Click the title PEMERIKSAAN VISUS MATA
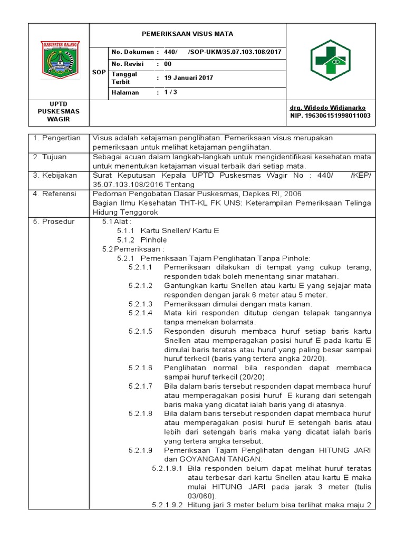(x=187, y=34)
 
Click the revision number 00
(x=168, y=63)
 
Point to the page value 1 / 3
(x=170, y=92)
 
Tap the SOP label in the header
(x=99, y=72)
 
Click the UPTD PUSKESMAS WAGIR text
(x=59, y=112)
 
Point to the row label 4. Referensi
(x=55, y=194)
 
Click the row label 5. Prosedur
(x=54, y=221)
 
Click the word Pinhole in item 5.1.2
(x=153, y=239)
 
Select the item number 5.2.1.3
(x=140, y=304)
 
